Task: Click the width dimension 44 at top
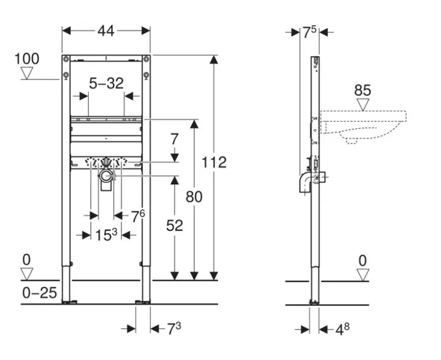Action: click(x=105, y=30)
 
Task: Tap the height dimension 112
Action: click(x=214, y=162)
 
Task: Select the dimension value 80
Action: click(x=194, y=197)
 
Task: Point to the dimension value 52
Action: click(x=174, y=225)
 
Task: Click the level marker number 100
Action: click(x=26, y=59)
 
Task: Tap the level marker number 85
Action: click(x=362, y=90)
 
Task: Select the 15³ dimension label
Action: click(x=106, y=234)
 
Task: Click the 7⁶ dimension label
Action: click(x=138, y=216)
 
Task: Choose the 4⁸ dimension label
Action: click(x=342, y=329)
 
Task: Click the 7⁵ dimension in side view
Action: click(x=309, y=32)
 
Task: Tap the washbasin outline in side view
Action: click(x=365, y=124)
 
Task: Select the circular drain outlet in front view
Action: click(x=106, y=173)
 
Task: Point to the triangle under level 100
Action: click(x=26, y=73)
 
